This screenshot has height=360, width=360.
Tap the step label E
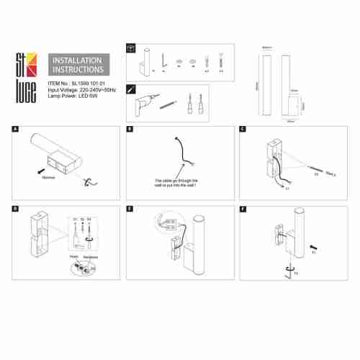[129, 208]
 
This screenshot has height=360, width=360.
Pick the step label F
[243, 208]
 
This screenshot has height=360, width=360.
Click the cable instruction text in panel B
[176, 183]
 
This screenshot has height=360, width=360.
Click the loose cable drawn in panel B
[179, 150]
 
